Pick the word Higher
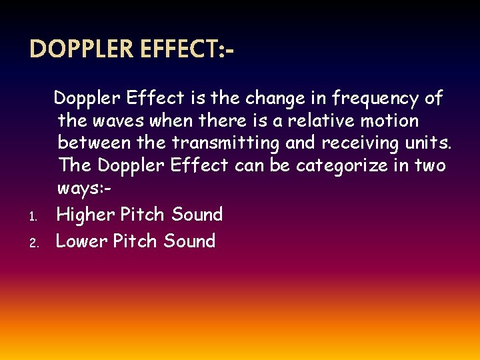85,215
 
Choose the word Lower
81,241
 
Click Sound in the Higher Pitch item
197,215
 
